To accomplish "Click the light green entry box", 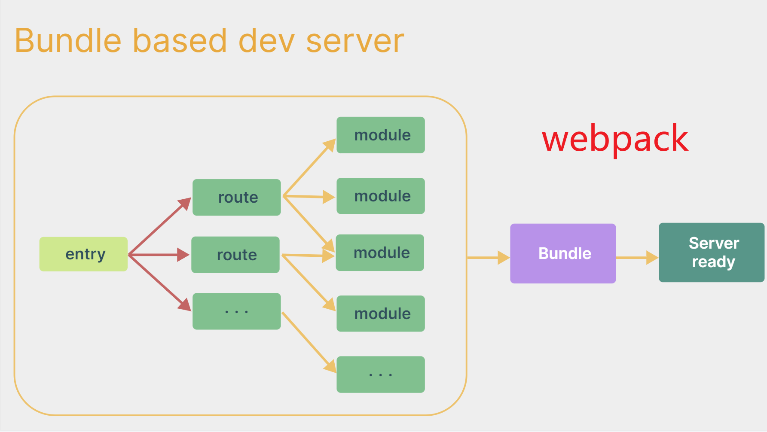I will click(83, 254).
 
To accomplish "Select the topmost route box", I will click(237, 198).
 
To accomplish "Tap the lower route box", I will click(235, 255).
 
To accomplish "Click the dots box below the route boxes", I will click(237, 311).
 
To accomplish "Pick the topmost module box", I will click(381, 135).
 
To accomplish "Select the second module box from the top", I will click(381, 196).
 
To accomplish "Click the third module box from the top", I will click(380, 253).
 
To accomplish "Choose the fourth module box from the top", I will click(381, 313).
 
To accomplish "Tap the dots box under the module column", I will click(381, 374).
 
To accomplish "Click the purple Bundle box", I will click(563, 253).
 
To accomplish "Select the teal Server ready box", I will click(712, 253).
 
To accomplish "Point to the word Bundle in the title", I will click(68, 41).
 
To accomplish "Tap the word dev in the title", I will click(266, 41).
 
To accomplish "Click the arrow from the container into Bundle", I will click(488, 258).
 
